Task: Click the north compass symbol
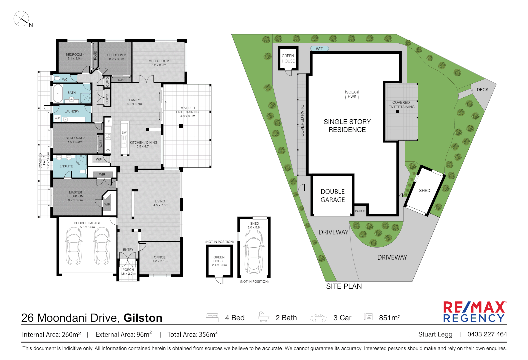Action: [21, 19]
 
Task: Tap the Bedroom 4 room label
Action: [75, 56]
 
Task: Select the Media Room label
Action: [159, 63]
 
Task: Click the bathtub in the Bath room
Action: [58, 93]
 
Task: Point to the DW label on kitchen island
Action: [124, 133]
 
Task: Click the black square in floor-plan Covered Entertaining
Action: [181, 126]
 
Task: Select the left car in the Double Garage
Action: [74, 246]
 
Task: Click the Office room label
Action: [160, 259]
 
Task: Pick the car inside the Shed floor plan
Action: [254, 252]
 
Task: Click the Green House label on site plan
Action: [288, 58]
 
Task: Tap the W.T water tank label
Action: [319, 49]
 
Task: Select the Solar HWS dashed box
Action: [352, 94]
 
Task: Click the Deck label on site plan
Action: [482, 90]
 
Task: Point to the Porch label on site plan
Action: [360, 211]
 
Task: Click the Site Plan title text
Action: [344, 286]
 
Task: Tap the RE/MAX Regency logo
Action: [474, 312]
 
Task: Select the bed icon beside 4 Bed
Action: [212, 317]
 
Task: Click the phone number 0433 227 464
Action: [487, 334]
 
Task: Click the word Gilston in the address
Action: [143, 318]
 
